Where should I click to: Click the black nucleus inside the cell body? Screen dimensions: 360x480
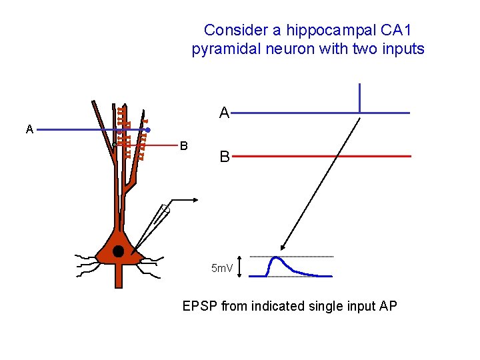[118, 251]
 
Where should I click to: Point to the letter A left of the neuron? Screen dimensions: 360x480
[29, 129]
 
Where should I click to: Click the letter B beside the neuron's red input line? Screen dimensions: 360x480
[184, 145]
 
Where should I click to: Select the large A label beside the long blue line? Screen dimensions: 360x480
[225, 113]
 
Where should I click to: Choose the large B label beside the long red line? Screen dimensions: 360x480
[225, 157]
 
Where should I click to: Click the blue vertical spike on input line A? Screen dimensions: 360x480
[359, 98]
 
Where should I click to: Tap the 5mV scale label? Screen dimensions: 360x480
[222, 269]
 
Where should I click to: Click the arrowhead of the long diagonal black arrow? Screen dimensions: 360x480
[283, 246]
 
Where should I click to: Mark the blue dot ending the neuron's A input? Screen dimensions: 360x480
[147, 130]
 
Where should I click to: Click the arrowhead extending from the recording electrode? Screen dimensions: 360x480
[196, 199]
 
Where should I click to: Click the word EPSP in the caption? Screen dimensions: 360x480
[200, 307]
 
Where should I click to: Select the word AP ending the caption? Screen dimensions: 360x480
[387, 307]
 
